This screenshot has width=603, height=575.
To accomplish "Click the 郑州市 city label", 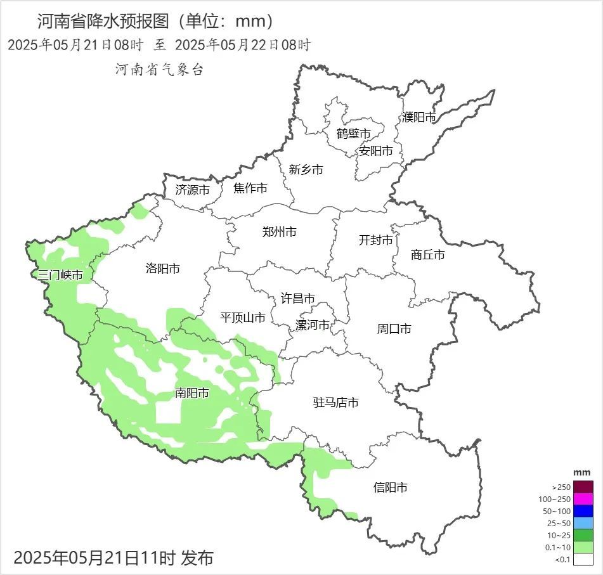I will point(279,232).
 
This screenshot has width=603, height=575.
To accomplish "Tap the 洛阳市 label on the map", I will point(162,269).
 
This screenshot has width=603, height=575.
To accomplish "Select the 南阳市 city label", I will point(192,394).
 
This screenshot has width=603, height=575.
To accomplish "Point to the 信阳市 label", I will point(390,488).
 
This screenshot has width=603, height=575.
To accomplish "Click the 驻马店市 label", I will point(336,403).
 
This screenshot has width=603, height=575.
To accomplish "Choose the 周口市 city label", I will point(394,329).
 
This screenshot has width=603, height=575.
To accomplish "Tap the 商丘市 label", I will point(427,255).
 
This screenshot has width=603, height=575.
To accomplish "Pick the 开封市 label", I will point(375,240).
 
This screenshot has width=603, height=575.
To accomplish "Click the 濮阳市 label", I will point(418,117).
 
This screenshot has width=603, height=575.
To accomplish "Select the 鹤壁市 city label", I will point(353,134).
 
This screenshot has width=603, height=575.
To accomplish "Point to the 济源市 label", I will point(192,190).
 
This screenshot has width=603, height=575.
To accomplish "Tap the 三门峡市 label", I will point(60,275).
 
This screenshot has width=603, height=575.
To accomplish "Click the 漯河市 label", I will point(313,325).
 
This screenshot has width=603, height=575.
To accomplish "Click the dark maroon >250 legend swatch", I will point(585,487).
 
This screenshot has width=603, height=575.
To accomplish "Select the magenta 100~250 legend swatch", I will point(585,499).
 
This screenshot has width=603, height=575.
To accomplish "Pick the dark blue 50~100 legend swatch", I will point(585,511).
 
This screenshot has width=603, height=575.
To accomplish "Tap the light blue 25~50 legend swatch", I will point(585,523).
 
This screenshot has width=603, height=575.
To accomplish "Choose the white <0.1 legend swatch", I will point(585,559).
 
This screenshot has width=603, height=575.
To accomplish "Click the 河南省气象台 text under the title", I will point(159,70).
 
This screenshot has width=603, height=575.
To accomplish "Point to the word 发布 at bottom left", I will point(197,559).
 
